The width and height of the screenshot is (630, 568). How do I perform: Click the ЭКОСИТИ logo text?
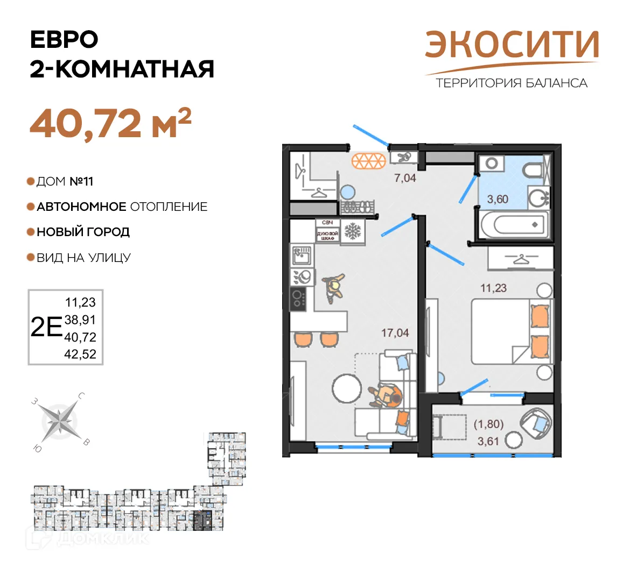point(512,45)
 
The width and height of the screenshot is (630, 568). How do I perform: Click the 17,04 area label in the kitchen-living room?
point(395,333)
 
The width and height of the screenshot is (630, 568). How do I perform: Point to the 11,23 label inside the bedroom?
point(493,288)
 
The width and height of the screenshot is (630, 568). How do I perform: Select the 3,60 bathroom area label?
point(498,199)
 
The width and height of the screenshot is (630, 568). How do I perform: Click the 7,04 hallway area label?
point(405,178)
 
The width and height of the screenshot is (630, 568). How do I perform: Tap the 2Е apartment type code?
point(46,328)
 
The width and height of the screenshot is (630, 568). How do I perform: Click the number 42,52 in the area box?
point(80,354)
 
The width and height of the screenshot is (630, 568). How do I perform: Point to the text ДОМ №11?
point(65,181)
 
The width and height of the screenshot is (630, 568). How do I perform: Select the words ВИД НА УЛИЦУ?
point(83,258)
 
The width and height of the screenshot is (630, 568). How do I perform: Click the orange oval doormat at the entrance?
point(369,160)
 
